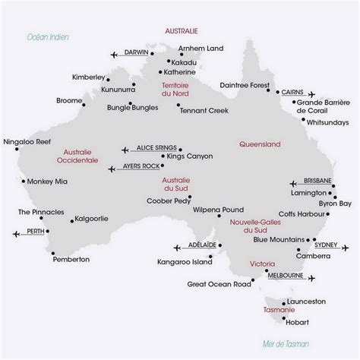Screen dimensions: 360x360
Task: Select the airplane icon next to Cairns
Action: (x=309, y=94)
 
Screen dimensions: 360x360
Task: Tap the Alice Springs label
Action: (x=154, y=149)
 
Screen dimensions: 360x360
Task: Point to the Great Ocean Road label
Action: (x=218, y=284)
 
